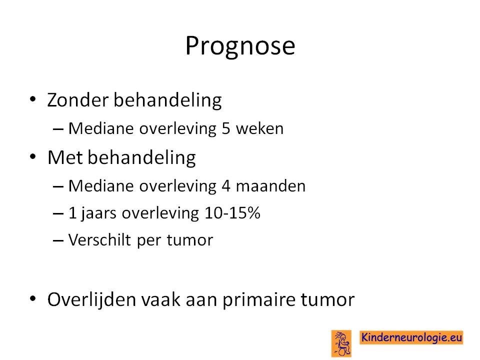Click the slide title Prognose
point(240,46)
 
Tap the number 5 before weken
point(226,128)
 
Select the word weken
point(259,128)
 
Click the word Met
point(65,157)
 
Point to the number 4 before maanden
point(226,186)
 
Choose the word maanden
point(270,186)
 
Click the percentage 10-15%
point(232,213)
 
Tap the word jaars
point(98,213)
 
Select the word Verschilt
point(99,239)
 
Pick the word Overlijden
point(91,299)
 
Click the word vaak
point(160,299)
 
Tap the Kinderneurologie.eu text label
point(411,337)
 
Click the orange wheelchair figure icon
point(341,343)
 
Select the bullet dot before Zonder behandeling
point(33,99)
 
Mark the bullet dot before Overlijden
point(33,298)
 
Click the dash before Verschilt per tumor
point(58,240)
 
